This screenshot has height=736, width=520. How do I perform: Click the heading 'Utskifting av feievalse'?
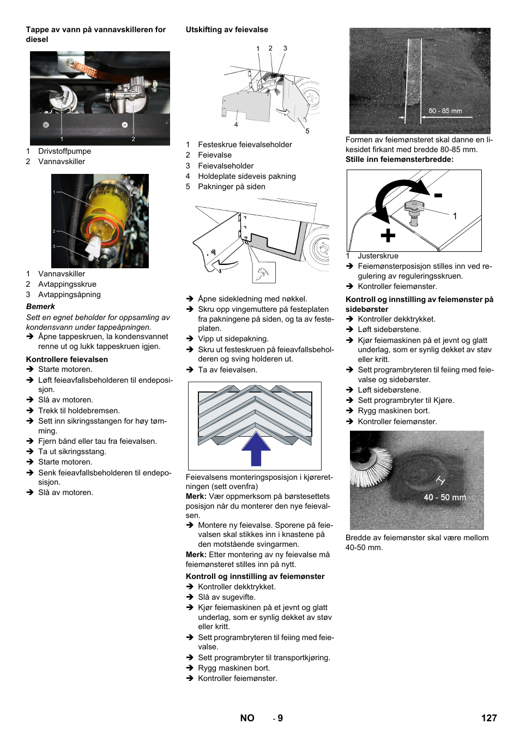tap(227, 30)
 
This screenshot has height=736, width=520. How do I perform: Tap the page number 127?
tap(488, 718)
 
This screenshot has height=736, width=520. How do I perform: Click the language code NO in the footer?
tap(247, 718)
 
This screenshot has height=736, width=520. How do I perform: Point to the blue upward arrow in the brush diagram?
tap(256, 448)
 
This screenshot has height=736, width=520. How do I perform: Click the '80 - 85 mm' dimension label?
tap(445, 111)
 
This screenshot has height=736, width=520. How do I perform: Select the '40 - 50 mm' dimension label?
tap(445, 497)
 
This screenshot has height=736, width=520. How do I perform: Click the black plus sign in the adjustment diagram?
tap(388, 236)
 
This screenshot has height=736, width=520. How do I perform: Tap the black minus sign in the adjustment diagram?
tap(438, 195)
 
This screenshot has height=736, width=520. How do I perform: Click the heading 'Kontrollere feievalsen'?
tap(67, 359)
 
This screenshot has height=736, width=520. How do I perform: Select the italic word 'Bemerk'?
tap(40, 306)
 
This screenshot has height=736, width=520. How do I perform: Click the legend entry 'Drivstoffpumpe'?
tap(64, 151)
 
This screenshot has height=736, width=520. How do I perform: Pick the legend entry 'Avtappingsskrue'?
tap(67, 284)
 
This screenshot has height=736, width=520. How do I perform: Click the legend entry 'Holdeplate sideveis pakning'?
tap(246, 176)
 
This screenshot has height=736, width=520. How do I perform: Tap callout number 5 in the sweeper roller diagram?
tap(307, 131)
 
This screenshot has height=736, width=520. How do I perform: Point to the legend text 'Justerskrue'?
tap(378, 256)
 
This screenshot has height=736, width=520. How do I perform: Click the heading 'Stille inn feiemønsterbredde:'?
tap(399, 159)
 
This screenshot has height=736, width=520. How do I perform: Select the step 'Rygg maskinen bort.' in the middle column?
tap(234, 668)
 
